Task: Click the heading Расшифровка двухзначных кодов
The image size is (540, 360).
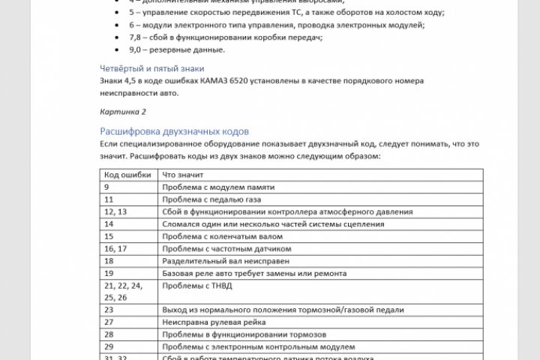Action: pyautogui.click(x=174, y=130)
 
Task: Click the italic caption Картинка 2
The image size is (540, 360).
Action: pyautogui.click(x=123, y=111)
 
